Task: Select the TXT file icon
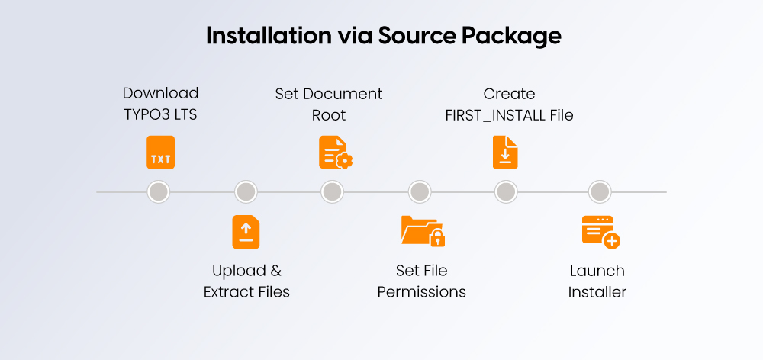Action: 160,153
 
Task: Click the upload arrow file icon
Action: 246,232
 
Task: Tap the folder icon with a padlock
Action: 422,231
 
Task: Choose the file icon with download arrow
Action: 505,152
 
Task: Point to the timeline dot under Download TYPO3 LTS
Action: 159,191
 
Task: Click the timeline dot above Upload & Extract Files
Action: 246,191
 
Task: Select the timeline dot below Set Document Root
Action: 332,191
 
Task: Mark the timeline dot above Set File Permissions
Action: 419,191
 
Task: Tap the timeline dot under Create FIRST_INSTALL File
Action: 505,191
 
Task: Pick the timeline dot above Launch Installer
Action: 600,191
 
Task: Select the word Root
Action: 329,115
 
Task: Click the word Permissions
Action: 421,291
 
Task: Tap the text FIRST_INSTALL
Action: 493,115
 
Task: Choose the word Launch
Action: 597,271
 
